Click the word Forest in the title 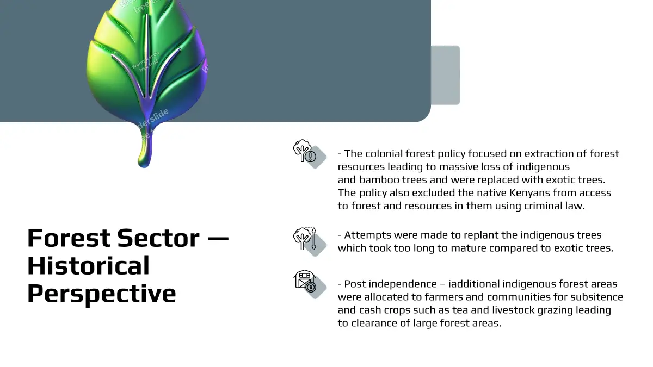[69, 238]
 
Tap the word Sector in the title [158, 238]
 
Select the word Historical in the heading [88, 265]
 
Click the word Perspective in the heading [102, 294]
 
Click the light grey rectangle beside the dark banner [445, 75]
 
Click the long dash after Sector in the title [218, 239]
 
